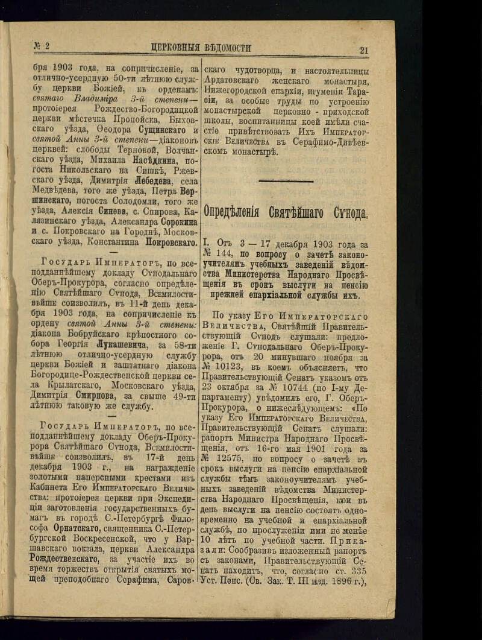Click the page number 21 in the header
(x=364, y=51)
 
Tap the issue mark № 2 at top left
(x=42, y=46)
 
